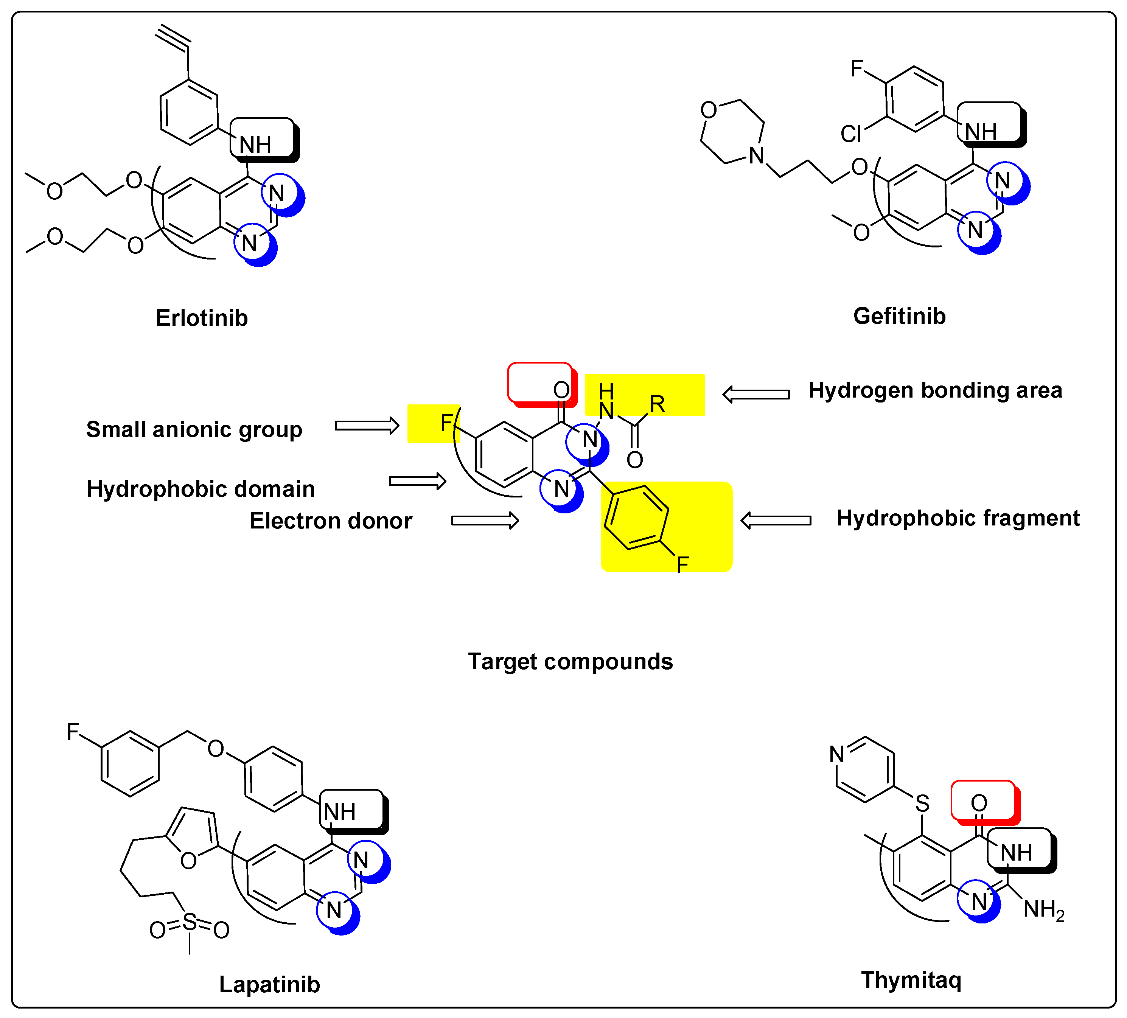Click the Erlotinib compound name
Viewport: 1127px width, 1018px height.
click(202, 318)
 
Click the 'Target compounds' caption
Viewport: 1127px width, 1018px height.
click(570, 662)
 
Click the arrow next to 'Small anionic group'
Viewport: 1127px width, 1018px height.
click(367, 426)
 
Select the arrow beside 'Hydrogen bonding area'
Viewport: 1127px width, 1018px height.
click(756, 394)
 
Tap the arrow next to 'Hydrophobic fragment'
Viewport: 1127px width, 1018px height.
click(776, 521)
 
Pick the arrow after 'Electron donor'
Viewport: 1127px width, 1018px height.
click(485, 521)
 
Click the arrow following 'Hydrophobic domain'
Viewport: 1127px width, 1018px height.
click(417, 481)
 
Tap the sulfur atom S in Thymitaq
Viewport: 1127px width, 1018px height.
click(922, 804)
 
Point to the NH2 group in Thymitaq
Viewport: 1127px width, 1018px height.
click(1043, 911)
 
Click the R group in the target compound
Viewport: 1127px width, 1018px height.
click(657, 404)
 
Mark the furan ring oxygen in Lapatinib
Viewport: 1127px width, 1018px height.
click(188, 861)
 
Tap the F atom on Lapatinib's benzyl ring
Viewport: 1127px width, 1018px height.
click(73, 731)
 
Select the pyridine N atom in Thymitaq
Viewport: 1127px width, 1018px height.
click(836, 755)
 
